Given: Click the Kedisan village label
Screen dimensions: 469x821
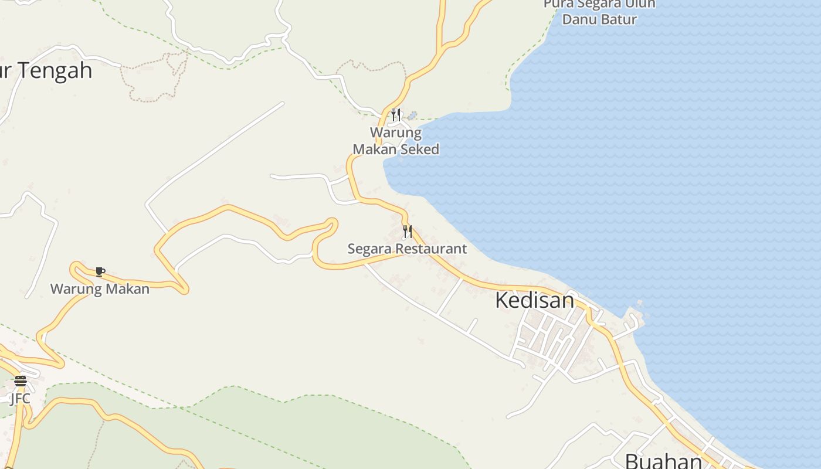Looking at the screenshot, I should pos(534,300).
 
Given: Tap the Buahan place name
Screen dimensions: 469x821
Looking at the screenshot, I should pos(663,461).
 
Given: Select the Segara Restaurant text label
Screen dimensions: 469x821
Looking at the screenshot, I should pos(407,249).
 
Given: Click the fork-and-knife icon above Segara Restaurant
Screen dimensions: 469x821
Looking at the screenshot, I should pos(407,232).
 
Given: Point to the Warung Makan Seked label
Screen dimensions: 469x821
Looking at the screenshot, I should pos(396,141).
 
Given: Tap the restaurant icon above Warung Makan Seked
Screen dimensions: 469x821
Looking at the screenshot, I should pos(396,114).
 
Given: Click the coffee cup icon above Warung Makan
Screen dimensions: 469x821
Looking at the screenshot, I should pos(100,271).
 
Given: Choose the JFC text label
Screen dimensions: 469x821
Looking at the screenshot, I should pos(20,399).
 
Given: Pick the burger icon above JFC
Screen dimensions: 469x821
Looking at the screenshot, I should pos(21,381).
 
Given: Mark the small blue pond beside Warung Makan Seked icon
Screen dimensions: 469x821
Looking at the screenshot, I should pos(412,115).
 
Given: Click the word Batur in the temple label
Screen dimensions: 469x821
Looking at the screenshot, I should pos(619,19).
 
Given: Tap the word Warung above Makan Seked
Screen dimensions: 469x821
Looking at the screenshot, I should pos(395,132).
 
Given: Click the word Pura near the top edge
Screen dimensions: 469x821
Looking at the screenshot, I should pos(557,4).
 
